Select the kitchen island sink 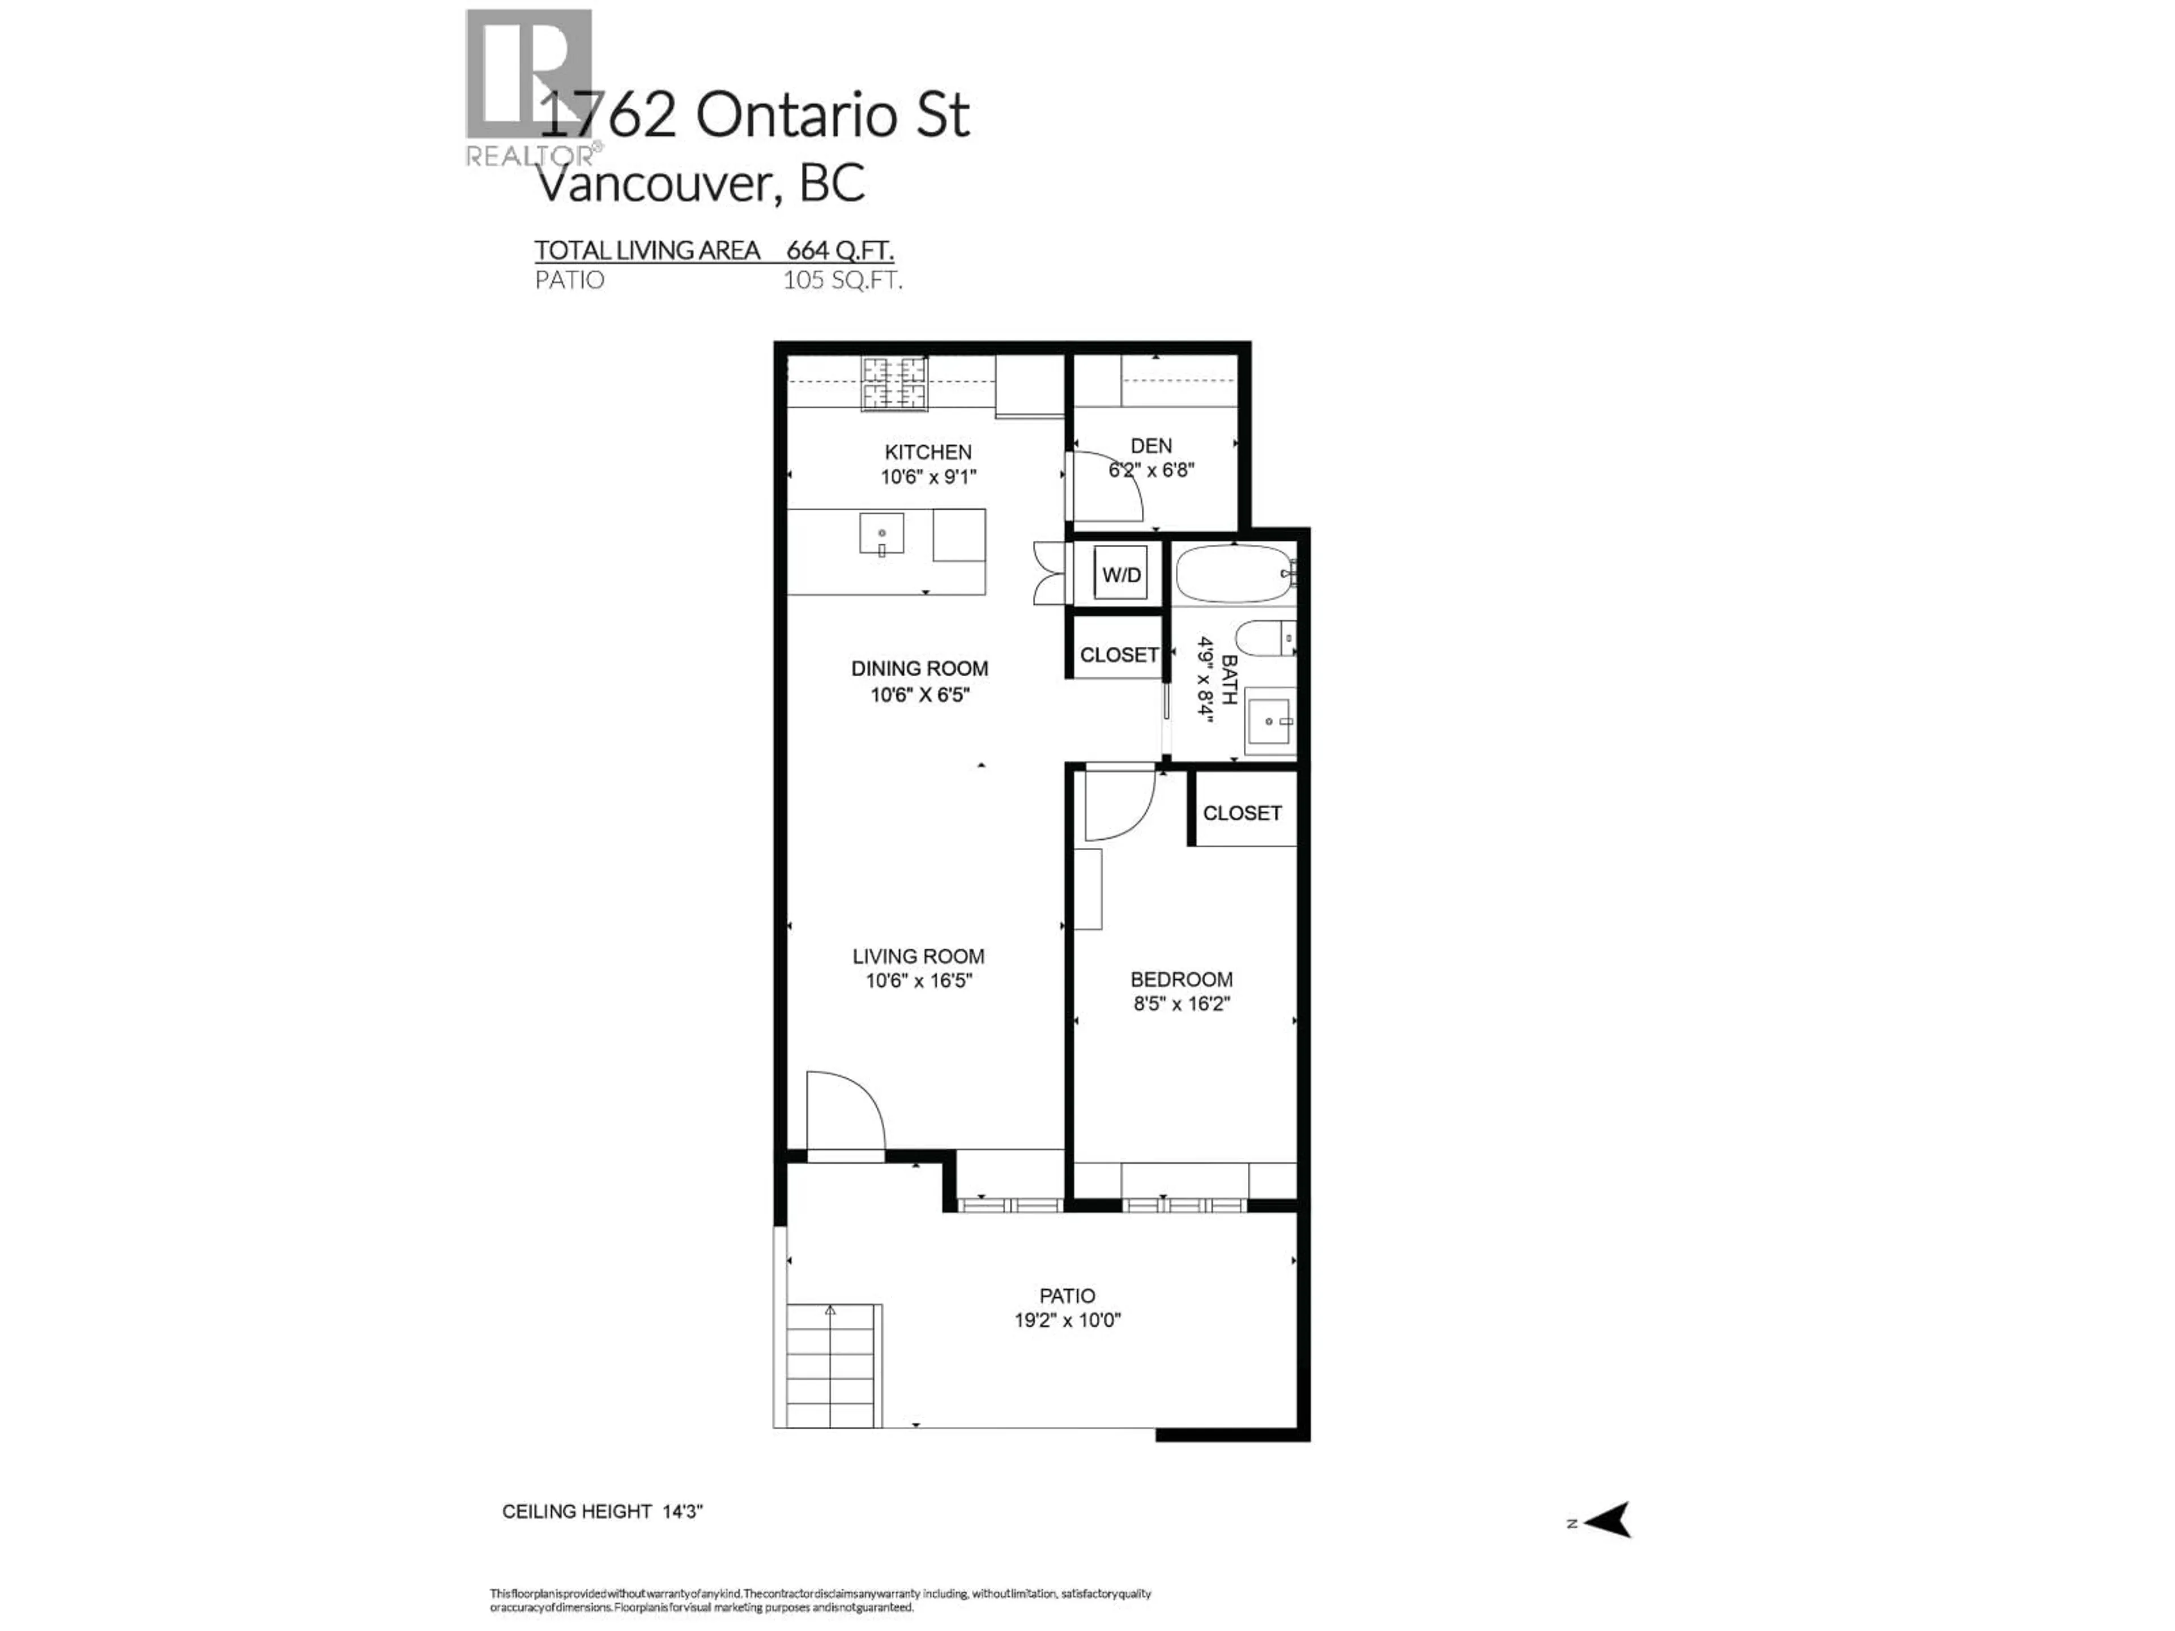[x=882, y=535]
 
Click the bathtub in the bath [x=1234, y=574]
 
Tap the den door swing [x=1106, y=486]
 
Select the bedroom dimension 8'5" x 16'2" [x=1181, y=1004]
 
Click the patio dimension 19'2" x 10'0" [x=1067, y=1320]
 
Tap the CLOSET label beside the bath [x=1118, y=655]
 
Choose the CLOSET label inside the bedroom [x=1242, y=813]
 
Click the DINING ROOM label [x=919, y=668]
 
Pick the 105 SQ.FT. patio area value [x=842, y=280]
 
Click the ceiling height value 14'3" [x=683, y=1511]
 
